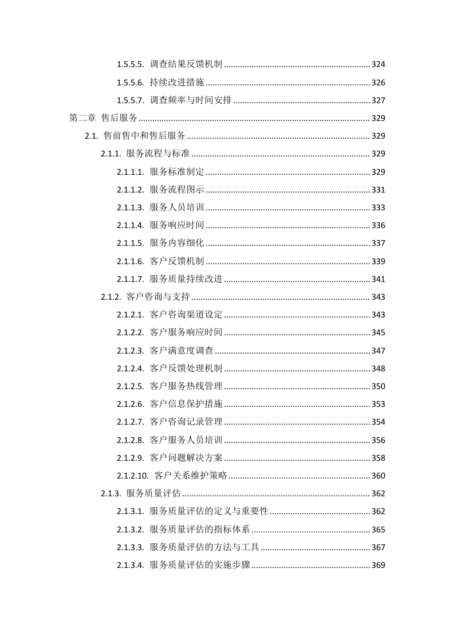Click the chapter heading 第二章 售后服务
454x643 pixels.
[x=103, y=119]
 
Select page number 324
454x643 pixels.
[x=378, y=65]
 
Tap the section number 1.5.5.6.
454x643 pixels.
[x=130, y=83]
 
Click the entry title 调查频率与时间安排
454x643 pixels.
[x=191, y=101]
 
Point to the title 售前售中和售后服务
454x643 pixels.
[x=144, y=136]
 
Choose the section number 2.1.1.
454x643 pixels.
[x=111, y=154]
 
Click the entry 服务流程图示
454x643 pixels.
[x=176, y=190]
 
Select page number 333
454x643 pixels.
[x=378, y=208]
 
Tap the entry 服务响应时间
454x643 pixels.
[x=176, y=226]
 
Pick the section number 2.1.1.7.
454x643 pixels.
[x=130, y=280]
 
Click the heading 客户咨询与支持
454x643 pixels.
[x=157, y=297]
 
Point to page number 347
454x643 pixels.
[x=378, y=351]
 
